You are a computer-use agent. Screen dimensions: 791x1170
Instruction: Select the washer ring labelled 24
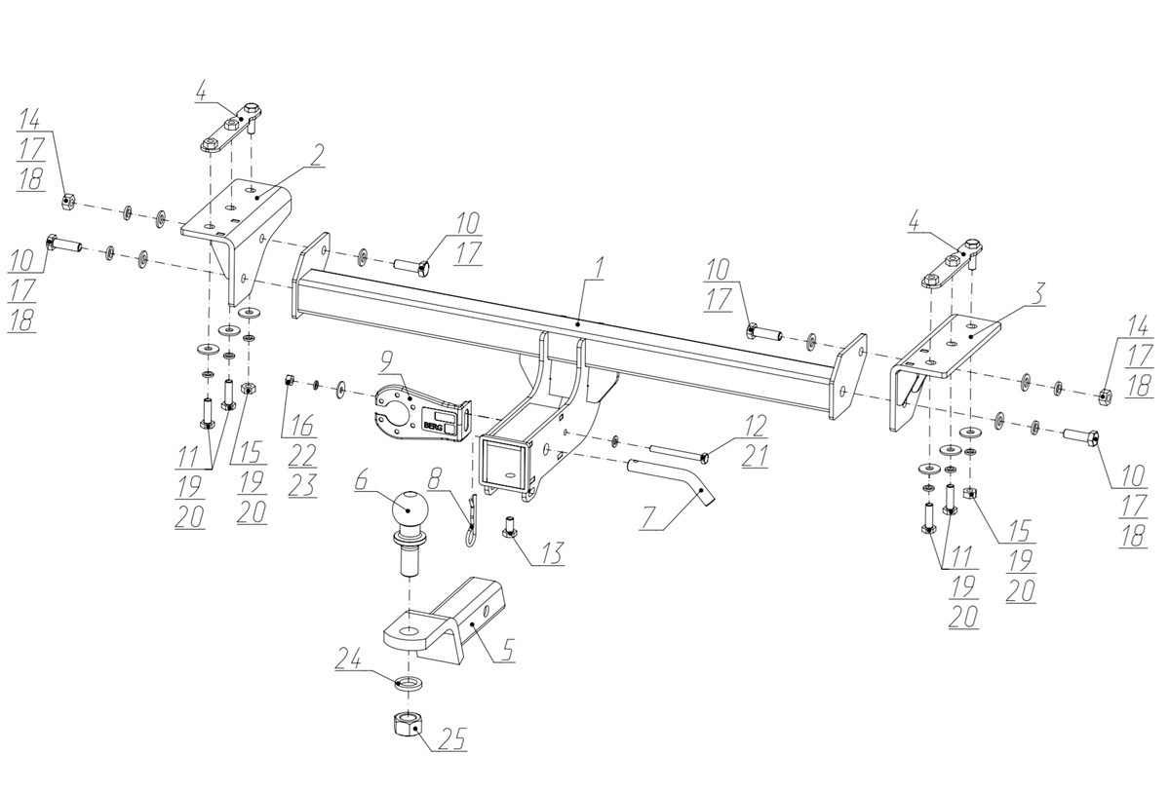(x=408, y=680)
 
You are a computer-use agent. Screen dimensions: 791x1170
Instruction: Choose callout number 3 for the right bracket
(x=1039, y=292)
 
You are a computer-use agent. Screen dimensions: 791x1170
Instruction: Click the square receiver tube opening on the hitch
(x=504, y=462)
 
